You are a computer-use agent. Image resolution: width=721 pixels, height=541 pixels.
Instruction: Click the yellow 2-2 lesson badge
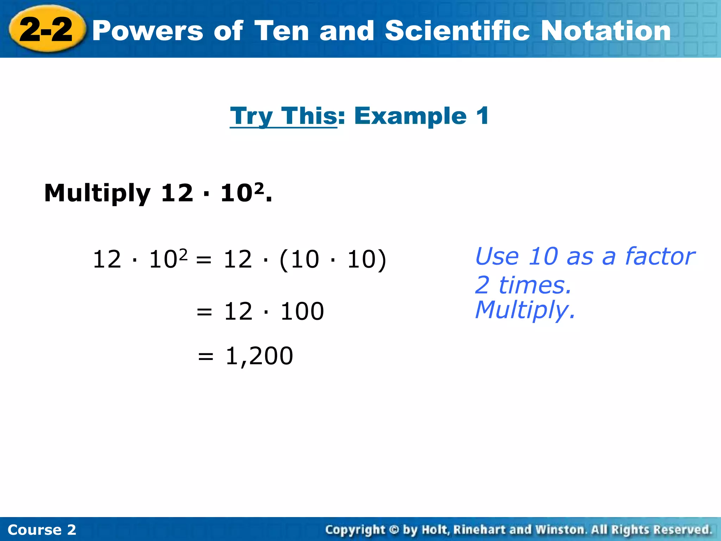[46, 30]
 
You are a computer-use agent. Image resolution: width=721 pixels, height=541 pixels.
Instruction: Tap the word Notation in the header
[606, 31]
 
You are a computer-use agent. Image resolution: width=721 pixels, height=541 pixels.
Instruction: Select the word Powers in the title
[148, 31]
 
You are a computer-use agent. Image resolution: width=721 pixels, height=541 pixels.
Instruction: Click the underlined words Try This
[284, 116]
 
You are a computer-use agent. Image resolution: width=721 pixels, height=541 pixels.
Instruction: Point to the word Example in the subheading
[410, 116]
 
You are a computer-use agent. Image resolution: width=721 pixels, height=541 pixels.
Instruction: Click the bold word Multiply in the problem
[97, 193]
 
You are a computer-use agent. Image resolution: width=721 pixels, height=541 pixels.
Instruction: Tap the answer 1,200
[259, 356]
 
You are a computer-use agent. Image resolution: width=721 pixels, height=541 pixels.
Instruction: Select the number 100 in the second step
[302, 311]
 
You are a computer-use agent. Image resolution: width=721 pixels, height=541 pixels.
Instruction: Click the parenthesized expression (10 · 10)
[333, 260]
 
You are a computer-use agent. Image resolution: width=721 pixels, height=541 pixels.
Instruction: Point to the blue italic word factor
[660, 256]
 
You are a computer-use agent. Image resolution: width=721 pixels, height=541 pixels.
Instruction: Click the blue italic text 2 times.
[523, 285]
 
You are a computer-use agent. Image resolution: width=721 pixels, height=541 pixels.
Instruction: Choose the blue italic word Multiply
[525, 310]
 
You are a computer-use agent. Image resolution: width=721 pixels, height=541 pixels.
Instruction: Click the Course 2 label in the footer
[42, 530]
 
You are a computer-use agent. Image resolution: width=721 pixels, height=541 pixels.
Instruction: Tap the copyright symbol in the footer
[394, 530]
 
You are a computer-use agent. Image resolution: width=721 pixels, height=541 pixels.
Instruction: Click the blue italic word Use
[496, 256]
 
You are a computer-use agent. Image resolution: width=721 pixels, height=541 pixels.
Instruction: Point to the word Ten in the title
[281, 31]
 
